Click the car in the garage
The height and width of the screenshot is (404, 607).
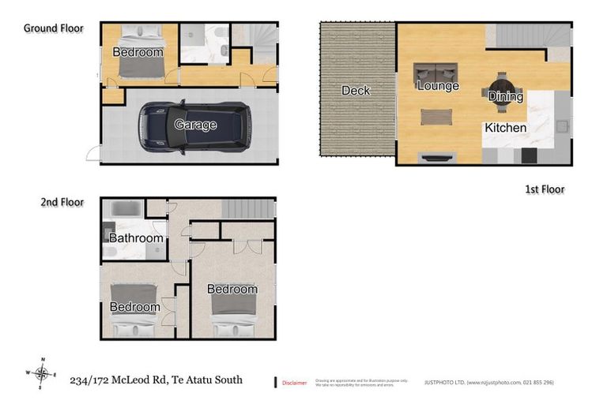point(194,125)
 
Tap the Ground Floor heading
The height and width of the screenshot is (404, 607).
point(53,28)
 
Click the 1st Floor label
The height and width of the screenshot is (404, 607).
point(545,189)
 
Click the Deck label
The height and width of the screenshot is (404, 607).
point(356,91)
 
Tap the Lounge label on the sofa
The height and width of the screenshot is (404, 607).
point(438,85)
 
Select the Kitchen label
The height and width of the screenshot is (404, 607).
point(506,127)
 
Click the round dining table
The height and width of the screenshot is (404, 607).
point(503,85)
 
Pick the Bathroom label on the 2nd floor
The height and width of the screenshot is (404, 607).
point(136,238)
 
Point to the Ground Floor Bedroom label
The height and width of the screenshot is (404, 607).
point(138,53)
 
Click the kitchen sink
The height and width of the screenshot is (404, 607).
point(563,125)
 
